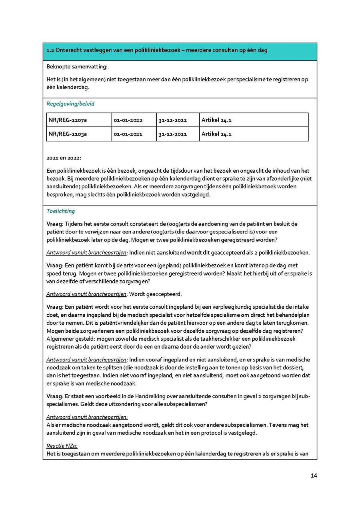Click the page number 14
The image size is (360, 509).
pos(314,475)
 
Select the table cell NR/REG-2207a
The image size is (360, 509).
pos(67,120)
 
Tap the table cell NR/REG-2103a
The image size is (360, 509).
pos(67,134)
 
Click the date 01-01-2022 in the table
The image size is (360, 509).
pos(128,120)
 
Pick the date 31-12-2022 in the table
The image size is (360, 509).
pos(172,120)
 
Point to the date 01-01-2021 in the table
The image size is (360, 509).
pos(128,134)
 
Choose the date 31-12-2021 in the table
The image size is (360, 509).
pos(172,134)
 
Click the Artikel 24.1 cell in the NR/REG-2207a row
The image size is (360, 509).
pos(216,120)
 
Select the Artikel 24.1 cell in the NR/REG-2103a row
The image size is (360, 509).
pos(216,134)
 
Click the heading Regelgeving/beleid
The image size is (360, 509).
pos(70,104)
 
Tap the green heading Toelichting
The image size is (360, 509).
pos(60,211)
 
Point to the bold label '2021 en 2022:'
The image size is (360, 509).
pos(64,158)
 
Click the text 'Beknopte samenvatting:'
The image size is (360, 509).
pos(77,66)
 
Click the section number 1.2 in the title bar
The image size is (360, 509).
pos(50,50)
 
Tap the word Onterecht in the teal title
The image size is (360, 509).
pos(69,50)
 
